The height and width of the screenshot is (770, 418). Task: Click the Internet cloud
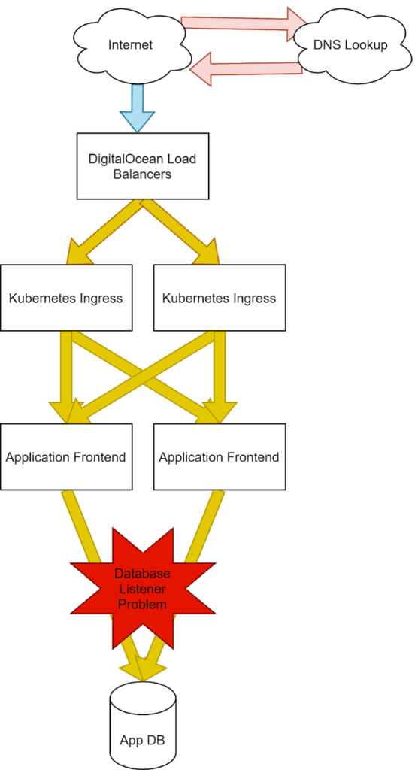131,45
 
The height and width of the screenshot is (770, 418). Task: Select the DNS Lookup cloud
350,46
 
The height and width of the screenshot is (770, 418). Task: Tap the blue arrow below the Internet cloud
138,108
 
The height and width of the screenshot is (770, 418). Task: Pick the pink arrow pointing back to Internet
246,68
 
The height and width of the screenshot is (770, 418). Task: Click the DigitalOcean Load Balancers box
142,166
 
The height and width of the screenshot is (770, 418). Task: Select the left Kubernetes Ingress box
66,298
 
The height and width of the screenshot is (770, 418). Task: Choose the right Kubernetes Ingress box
220,298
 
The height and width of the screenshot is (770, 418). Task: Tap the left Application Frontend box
66,456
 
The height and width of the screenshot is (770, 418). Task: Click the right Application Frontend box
220,456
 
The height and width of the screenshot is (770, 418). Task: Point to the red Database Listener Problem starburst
142,588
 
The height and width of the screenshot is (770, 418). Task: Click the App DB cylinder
142,726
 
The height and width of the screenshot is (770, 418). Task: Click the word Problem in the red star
142,604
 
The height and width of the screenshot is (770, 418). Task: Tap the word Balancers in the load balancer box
142,174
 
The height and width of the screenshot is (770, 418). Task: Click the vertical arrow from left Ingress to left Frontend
66,377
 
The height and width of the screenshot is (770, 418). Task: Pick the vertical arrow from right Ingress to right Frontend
220,377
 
